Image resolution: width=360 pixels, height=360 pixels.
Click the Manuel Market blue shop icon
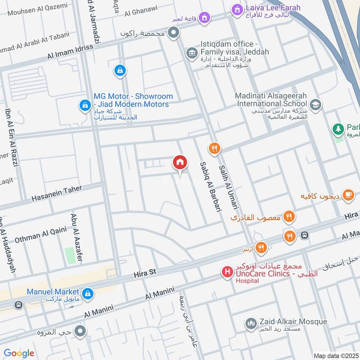coord(87,292)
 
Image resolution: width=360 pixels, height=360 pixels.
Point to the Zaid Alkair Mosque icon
coord(250,323)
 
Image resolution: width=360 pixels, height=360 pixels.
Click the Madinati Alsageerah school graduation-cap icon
coord(316,104)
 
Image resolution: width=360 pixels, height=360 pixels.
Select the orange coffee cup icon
coord(347,195)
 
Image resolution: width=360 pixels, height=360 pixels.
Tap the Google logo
coord(19,353)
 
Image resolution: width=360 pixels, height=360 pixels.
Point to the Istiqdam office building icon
coord(192,53)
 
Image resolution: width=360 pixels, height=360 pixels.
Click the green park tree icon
coord(337,129)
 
